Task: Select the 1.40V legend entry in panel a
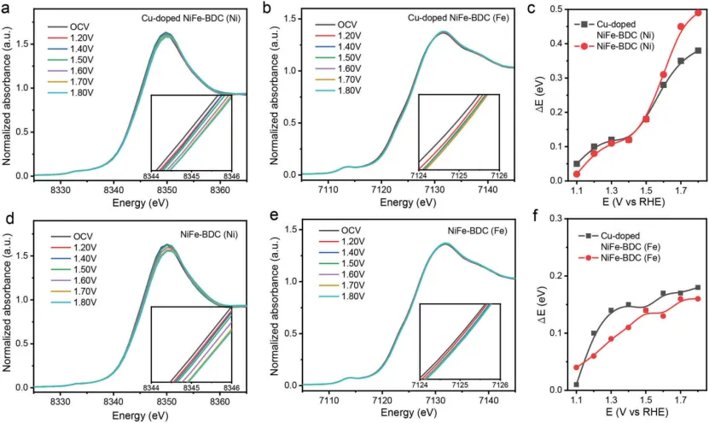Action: [x=71, y=49]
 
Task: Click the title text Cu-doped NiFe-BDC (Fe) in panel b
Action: [x=458, y=18]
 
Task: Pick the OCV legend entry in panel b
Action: [x=337, y=25]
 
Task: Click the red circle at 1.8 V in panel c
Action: [x=698, y=13]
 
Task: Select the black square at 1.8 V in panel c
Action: [x=698, y=50]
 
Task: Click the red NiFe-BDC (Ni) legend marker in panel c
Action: [x=584, y=46]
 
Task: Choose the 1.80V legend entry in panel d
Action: [x=73, y=303]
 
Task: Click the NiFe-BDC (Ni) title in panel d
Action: [x=209, y=235]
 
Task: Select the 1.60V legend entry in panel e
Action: [x=342, y=274]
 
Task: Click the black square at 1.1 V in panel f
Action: [x=577, y=385]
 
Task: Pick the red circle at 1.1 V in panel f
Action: [x=577, y=367]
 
